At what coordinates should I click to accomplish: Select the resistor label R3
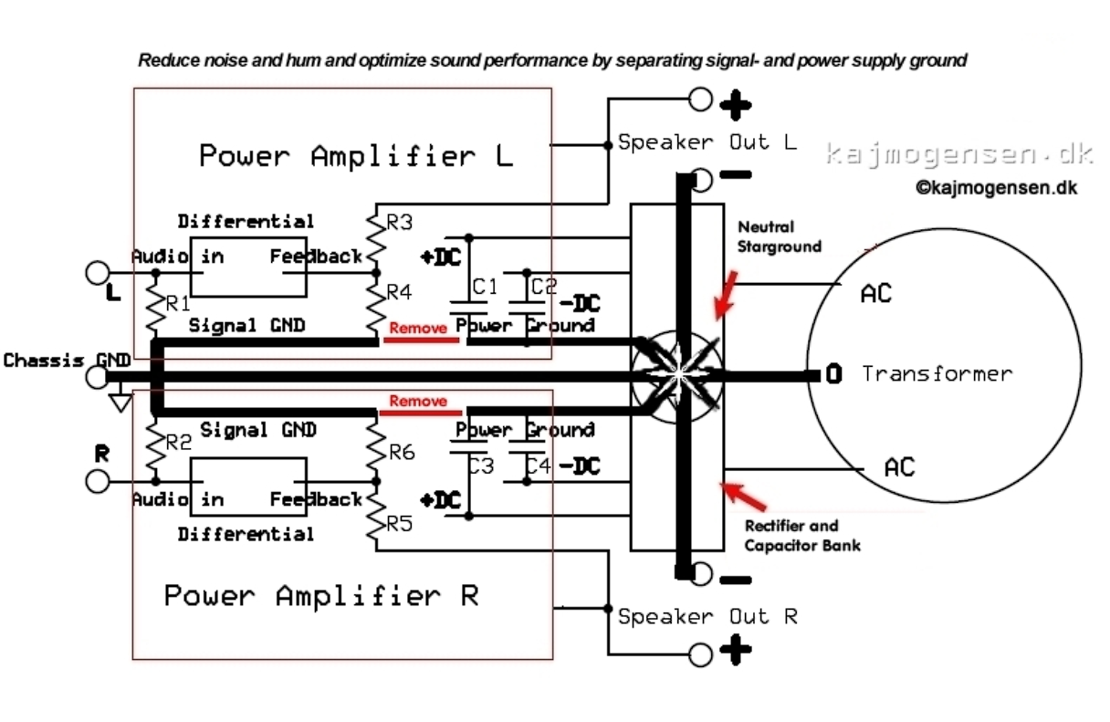[x=400, y=222]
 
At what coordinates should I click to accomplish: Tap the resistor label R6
[x=403, y=451]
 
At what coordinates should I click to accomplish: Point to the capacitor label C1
[x=485, y=287]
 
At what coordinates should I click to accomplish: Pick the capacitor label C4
[x=539, y=466]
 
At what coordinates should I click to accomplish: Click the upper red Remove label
[x=418, y=328]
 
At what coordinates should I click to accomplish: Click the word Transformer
[x=937, y=373]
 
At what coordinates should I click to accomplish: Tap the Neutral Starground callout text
[x=779, y=236]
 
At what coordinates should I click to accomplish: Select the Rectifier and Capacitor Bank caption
[x=801, y=536]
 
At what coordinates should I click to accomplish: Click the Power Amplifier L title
[x=356, y=156]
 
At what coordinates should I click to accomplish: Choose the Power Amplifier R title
[x=321, y=596]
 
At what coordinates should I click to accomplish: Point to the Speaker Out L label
[x=707, y=142]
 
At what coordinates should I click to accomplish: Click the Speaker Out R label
[x=707, y=617]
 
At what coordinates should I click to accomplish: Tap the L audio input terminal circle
[x=97, y=272]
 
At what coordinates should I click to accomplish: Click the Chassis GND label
[x=66, y=361]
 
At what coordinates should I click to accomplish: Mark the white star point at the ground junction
[x=676, y=374]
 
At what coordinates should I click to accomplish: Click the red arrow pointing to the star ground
[x=727, y=293]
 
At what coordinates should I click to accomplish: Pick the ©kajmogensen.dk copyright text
[x=996, y=188]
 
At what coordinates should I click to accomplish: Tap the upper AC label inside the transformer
[x=875, y=294]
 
